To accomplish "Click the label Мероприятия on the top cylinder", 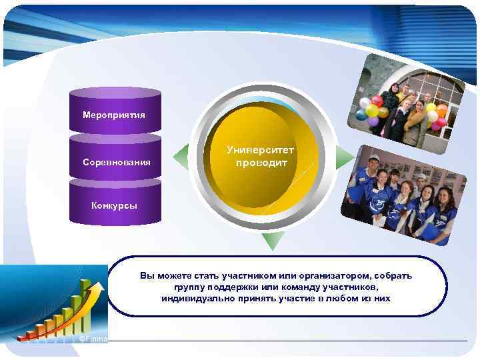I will click(x=113, y=115).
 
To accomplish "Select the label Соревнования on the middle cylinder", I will click(x=116, y=162).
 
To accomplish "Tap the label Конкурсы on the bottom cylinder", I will click(x=114, y=205).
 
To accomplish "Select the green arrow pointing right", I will click(x=344, y=157).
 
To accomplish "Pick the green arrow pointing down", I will click(x=273, y=240).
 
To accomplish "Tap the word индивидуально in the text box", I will click(x=193, y=298).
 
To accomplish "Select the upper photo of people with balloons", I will click(x=407, y=100).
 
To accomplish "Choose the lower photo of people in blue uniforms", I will click(x=400, y=193).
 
